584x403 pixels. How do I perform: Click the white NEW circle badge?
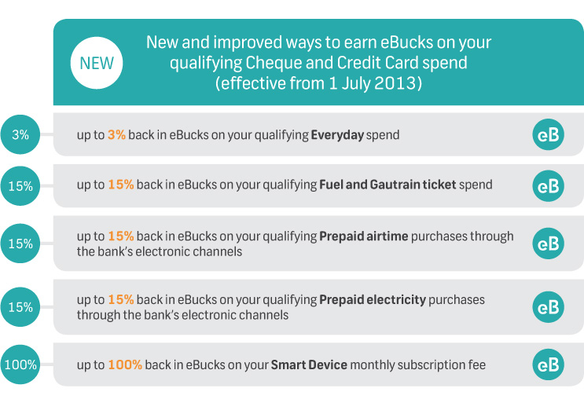click(x=97, y=63)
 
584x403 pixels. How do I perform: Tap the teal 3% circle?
click(x=20, y=134)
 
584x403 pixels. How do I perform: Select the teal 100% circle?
click(x=20, y=365)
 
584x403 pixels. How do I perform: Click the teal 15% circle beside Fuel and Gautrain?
click(x=20, y=185)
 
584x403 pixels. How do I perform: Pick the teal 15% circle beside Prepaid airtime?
click(x=20, y=244)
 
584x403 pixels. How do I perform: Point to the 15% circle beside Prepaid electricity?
click(x=20, y=307)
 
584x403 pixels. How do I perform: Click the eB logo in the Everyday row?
click(x=549, y=134)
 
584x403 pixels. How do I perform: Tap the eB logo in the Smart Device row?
click(x=549, y=365)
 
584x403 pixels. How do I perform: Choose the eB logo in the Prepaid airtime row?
click(x=549, y=244)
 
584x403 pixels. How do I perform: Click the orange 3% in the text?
click(x=116, y=134)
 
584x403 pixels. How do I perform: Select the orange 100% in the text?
click(x=125, y=365)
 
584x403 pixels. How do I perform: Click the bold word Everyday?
click(x=337, y=135)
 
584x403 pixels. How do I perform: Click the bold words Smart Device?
click(x=309, y=365)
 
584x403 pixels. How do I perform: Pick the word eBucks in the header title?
click(x=406, y=42)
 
